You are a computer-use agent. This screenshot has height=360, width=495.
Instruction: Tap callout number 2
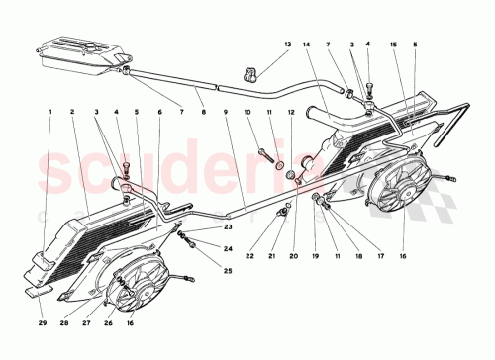pos(72,112)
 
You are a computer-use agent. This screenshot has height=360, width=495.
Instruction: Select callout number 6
pos(159,112)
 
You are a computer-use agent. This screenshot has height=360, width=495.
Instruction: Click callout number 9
pos(226,112)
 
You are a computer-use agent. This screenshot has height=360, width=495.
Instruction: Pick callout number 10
pos(248,112)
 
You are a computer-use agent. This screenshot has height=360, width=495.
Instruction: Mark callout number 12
pos(292,112)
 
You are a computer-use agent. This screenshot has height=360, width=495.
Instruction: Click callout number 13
pos(287,45)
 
